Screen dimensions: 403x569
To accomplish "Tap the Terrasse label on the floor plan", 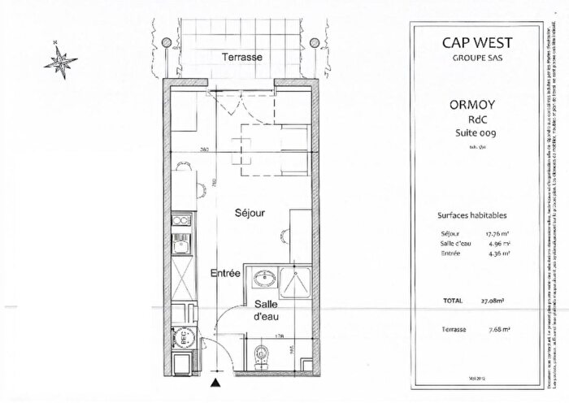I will coord(244,57).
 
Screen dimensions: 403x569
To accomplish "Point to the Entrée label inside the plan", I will coord(225,274).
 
